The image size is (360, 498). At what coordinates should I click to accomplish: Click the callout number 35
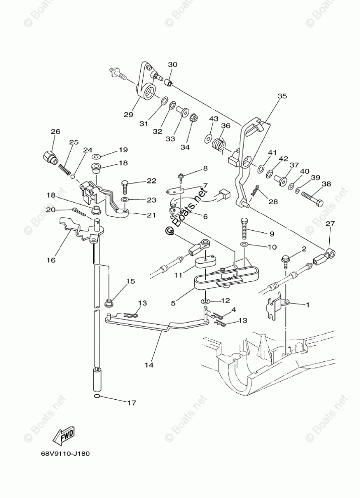tap(281, 96)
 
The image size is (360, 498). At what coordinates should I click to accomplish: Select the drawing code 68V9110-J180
tap(65, 453)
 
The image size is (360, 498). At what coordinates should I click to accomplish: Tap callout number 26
tap(55, 132)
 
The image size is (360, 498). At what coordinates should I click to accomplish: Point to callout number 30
tap(172, 65)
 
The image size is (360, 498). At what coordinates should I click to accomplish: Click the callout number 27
tap(330, 224)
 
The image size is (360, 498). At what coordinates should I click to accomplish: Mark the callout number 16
tap(51, 261)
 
